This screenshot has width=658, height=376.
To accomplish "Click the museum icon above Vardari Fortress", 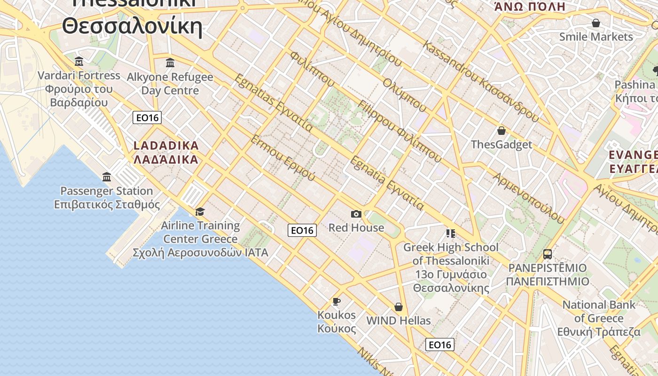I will click(x=79, y=62).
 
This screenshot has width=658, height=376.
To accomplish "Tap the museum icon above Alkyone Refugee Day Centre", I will click(x=170, y=63).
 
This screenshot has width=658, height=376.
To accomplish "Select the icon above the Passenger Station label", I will click(x=107, y=177).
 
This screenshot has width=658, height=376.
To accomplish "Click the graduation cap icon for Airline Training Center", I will click(x=200, y=211).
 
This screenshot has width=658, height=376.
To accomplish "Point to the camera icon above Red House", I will click(x=356, y=214).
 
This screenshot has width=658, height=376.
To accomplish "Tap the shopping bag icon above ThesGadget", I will click(x=501, y=131).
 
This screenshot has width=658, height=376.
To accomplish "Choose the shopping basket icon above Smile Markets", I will click(x=596, y=23).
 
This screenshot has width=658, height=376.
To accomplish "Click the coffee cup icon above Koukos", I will click(x=336, y=301).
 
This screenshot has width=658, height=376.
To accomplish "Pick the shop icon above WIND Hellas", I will click(x=399, y=307).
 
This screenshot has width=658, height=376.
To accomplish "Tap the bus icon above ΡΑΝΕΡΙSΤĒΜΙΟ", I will click(x=548, y=254).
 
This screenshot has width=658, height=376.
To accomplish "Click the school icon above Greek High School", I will click(x=451, y=233).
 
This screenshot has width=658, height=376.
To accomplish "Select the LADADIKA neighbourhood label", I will click(x=166, y=152).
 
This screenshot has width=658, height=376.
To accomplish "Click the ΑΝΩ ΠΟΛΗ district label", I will click(x=530, y=7).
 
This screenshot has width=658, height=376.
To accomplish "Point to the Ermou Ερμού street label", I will click(x=282, y=158).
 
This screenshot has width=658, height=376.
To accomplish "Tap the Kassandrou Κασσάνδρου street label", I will click(x=481, y=81).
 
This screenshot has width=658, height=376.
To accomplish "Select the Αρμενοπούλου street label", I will click(x=528, y=197).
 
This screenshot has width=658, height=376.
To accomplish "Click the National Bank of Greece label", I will click(x=599, y=318).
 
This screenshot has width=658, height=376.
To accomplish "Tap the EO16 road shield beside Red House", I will click(x=302, y=230).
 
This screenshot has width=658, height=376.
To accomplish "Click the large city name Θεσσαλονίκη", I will click(x=132, y=26).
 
